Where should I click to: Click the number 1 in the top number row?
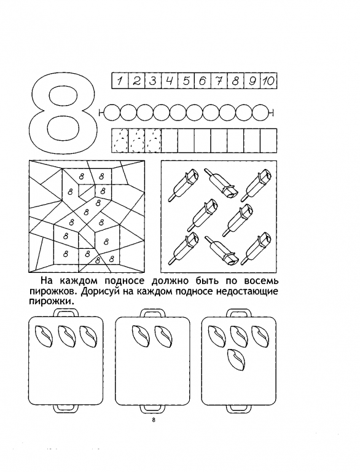click(x=120, y=81)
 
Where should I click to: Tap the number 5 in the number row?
click(x=186, y=81)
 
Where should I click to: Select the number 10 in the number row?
click(x=268, y=81)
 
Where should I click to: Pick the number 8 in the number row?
click(x=236, y=81)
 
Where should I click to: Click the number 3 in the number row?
click(x=153, y=81)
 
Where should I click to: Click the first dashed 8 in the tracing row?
click(x=120, y=141)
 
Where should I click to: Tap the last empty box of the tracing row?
click(x=268, y=141)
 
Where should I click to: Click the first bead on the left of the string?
click(x=112, y=113)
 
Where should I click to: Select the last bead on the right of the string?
click(x=260, y=113)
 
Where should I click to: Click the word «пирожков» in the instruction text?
click(x=53, y=293)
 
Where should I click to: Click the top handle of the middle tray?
click(x=153, y=314)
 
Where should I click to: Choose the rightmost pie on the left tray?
click(x=89, y=336)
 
